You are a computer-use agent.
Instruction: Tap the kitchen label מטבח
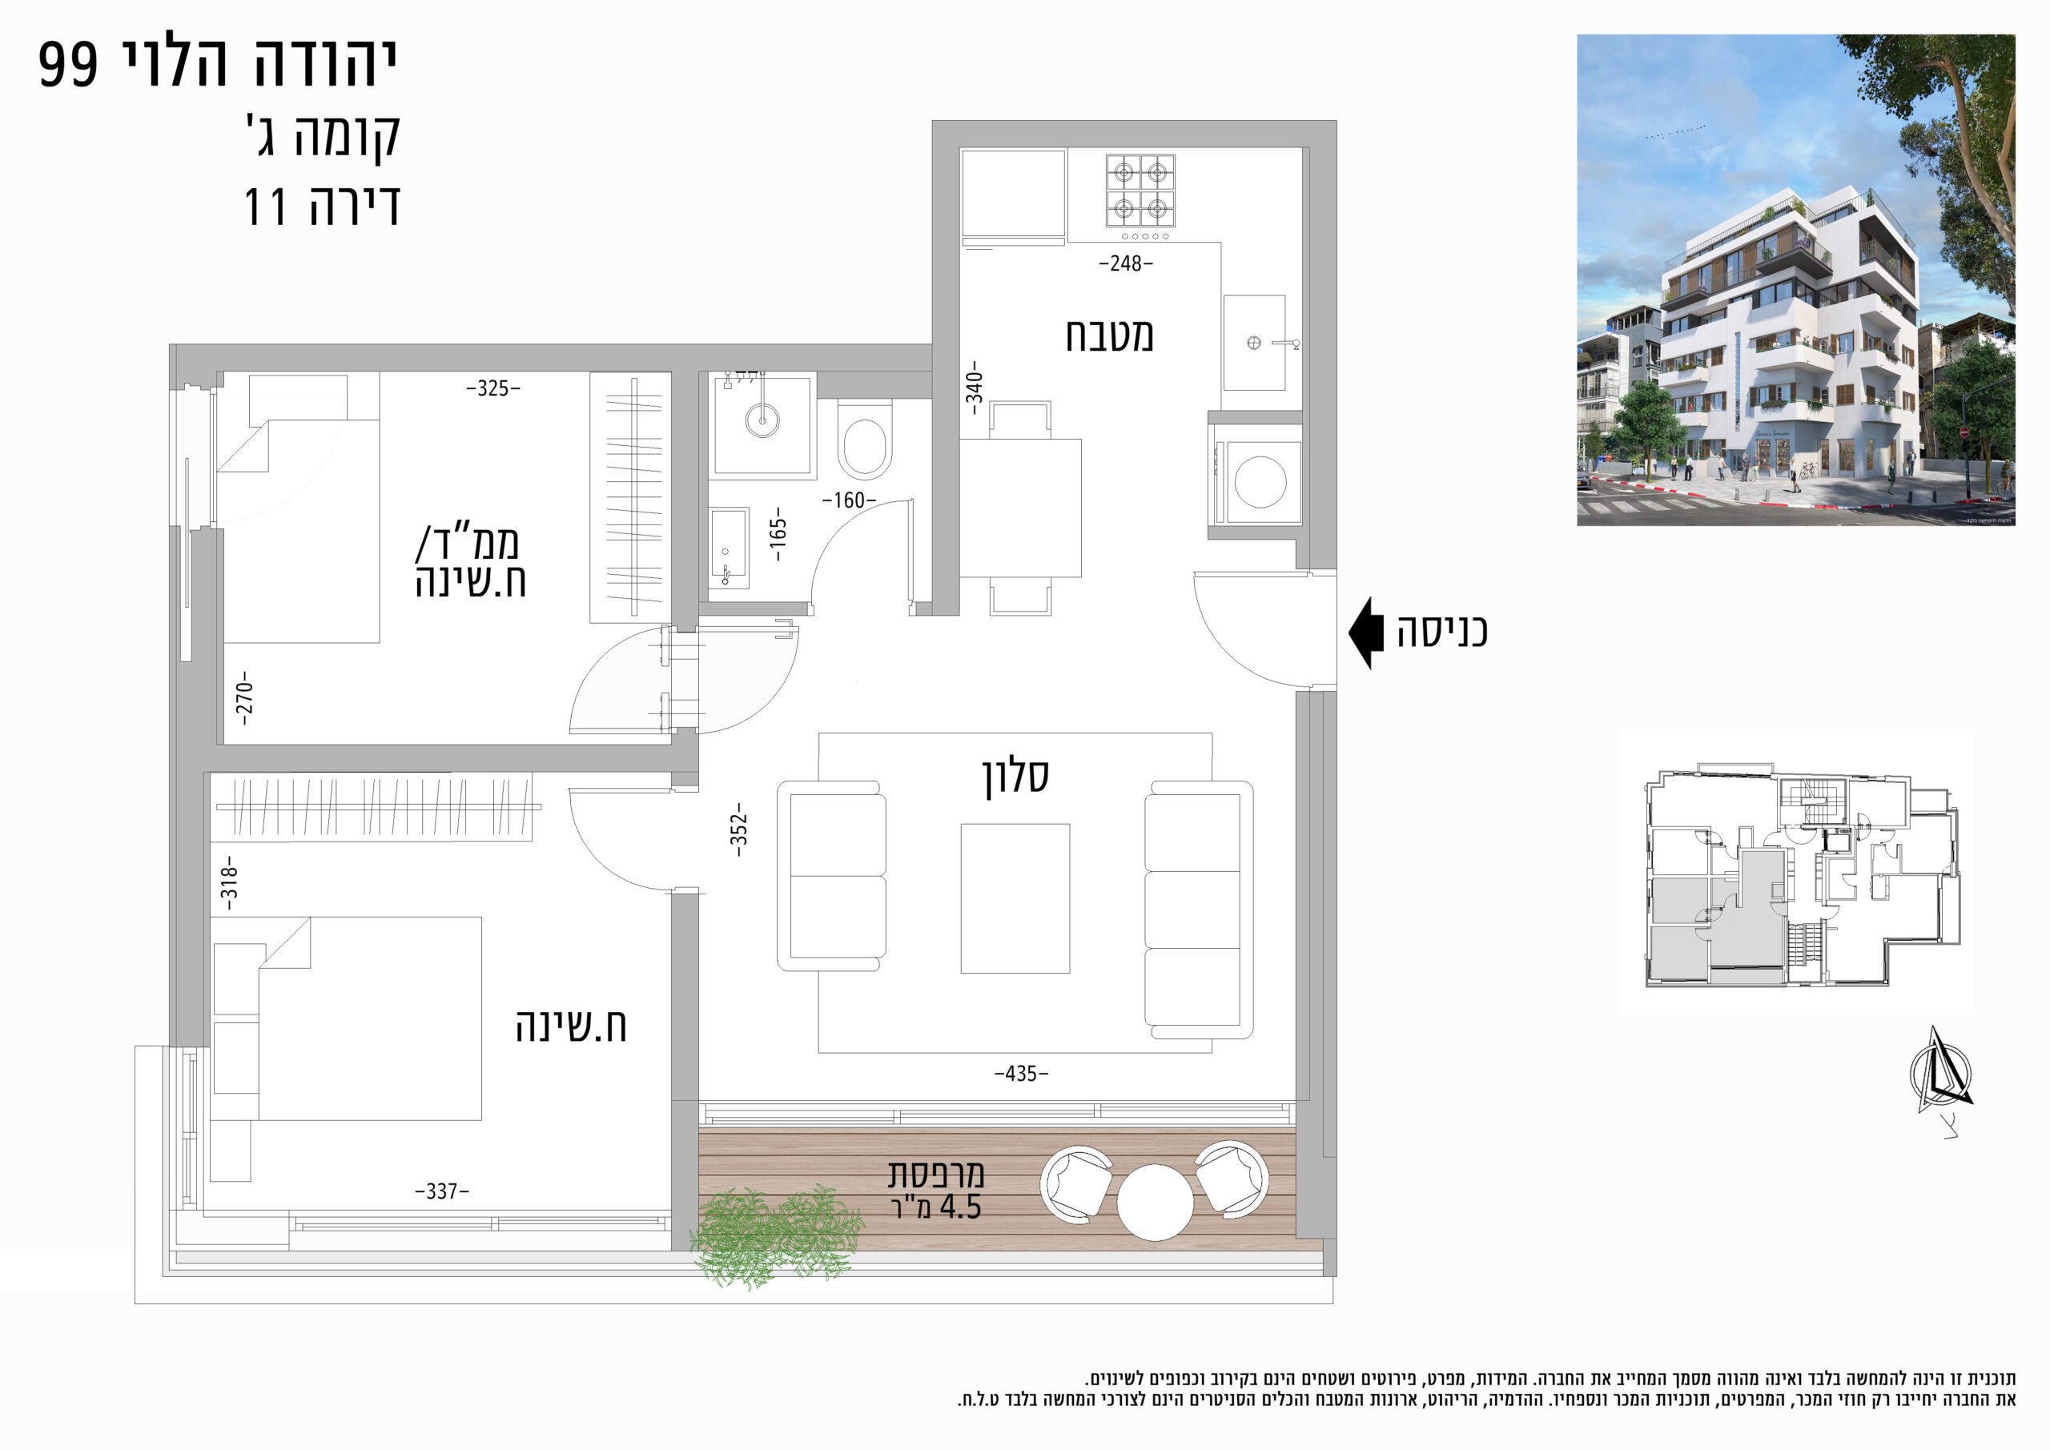click(1109, 335)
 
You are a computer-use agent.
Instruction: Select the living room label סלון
click(1015, 776)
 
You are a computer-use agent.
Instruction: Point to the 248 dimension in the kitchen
click(1126, 263)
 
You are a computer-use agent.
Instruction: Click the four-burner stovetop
click(1140, 191)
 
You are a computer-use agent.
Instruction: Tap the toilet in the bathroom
click(864, 440)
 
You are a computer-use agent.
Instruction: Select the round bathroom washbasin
click(762, 418)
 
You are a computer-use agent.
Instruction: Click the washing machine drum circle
click(1260, 482)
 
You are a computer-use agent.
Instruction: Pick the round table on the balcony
click(1156, 1203)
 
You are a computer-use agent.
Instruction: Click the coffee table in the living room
click(1015, 898)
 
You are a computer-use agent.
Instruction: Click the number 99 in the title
click(68, 64)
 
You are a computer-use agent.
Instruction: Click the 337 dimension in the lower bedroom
click(442, 1191)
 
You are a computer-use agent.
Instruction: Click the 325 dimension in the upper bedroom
click(492, 388)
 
